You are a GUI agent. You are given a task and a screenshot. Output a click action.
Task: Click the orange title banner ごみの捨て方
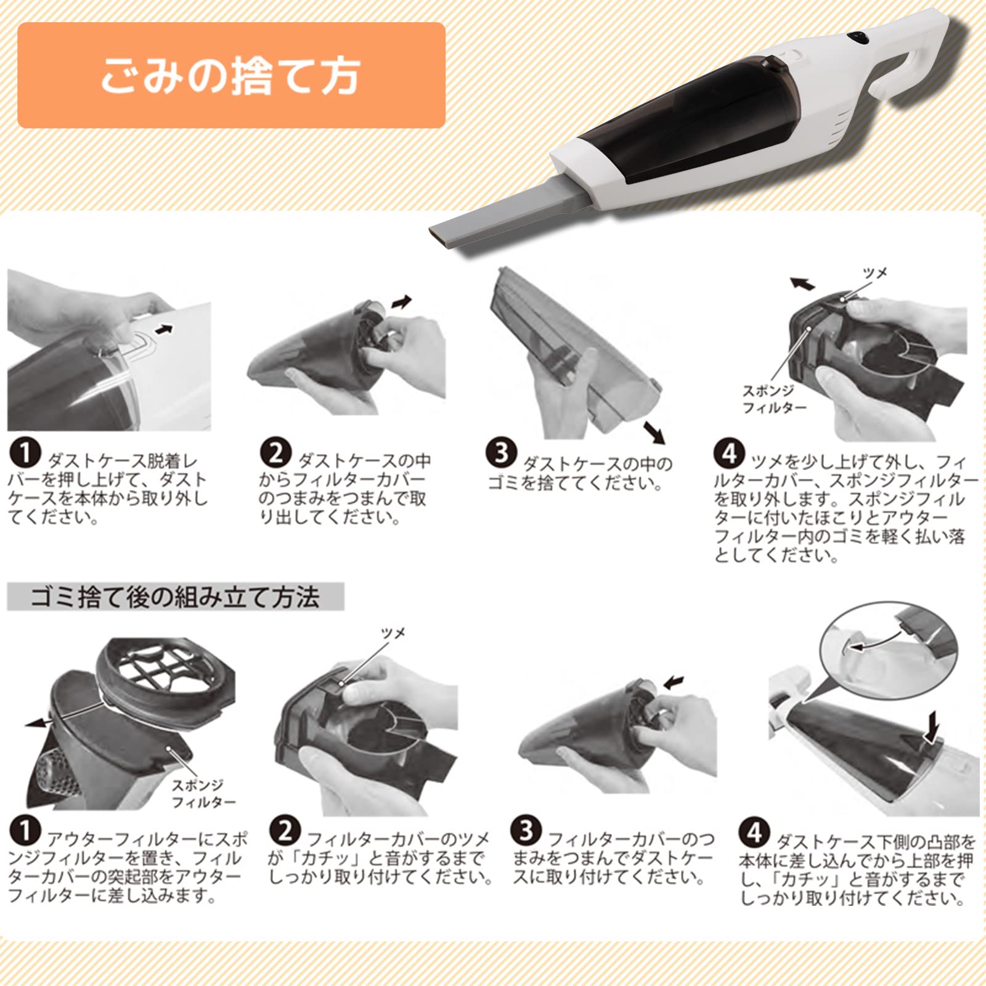pyautogui.click(x=231, y=75)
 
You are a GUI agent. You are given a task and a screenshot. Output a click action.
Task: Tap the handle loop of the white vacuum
pyautogui.click(x=918, y=62)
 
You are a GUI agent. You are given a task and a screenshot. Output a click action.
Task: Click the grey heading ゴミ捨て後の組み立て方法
pyautogui.click(x=176, y=597)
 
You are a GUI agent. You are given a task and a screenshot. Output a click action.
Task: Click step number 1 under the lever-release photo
pyautogui.click(x=25, y=454)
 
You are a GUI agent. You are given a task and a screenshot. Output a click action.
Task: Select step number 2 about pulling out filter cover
pyautogui.click(x=275, y=454)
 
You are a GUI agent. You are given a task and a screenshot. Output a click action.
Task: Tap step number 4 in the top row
pyautogui.click(x=729, y=454)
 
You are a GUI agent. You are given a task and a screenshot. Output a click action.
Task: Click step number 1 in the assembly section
pyautogui.click(x=25, y=831)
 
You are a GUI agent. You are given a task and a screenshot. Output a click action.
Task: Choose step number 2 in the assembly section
pyautogui.click(x=285, y=831)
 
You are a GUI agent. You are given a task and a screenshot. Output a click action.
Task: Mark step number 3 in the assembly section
pyautogui.click(x=526, y=831)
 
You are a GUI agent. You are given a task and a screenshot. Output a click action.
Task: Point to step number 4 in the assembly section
pyautogui.click(x=754, y=833)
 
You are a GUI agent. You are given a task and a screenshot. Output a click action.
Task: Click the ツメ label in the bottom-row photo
pyautogui.click(x=393, y=634)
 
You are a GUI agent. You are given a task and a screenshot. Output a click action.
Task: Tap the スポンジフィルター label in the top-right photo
pyautogui.click(x=774, y=399)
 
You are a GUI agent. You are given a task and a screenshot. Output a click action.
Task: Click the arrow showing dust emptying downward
pyautogui.click(x=654, y=433)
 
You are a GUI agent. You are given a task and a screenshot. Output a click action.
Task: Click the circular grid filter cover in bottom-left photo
pyautogui.click(x=166, y=673)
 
